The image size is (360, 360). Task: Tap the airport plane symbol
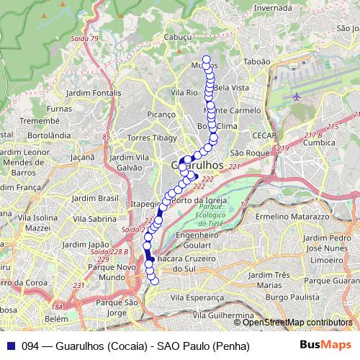click(297, 96)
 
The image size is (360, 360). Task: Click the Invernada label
click(273, 8)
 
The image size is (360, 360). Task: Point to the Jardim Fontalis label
click(94, 93)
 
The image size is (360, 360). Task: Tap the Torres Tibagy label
click(151, 138)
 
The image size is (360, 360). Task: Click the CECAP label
click(265, 135)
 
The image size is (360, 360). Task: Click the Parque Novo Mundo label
click(111, 271)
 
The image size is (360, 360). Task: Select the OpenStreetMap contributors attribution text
click(299, 322)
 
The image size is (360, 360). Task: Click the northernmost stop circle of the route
click(207, 60)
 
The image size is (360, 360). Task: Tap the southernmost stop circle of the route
click(153, 280)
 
